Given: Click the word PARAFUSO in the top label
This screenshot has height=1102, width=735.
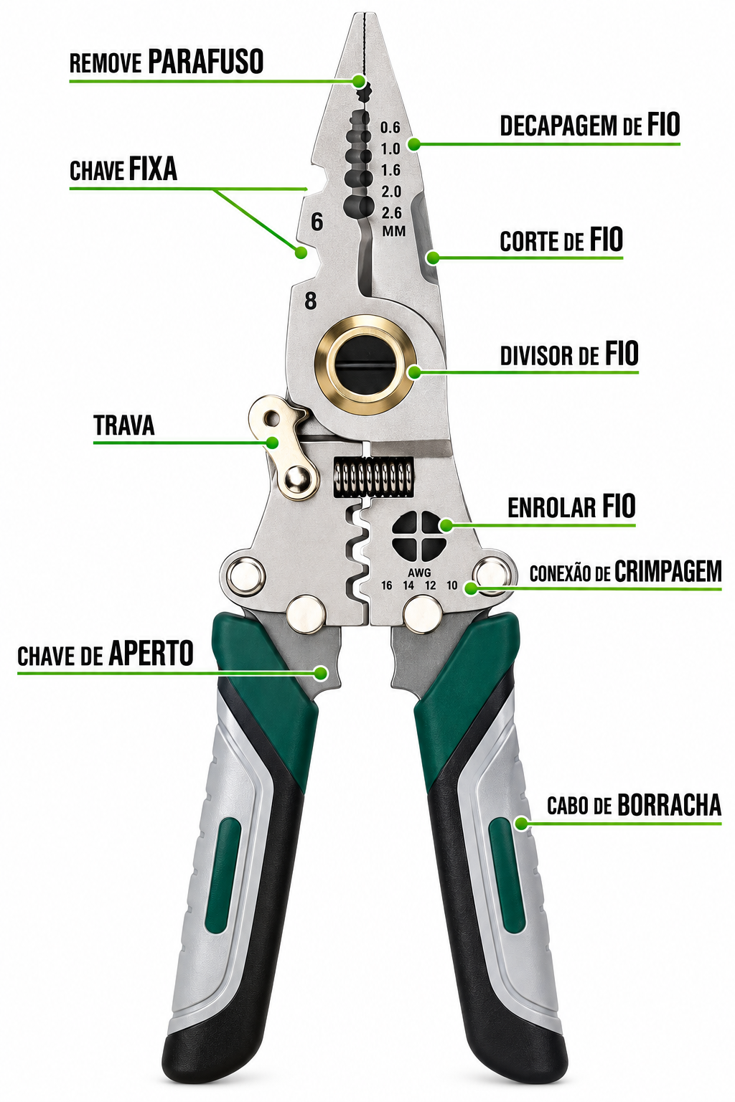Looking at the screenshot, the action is click(x=206, y=62).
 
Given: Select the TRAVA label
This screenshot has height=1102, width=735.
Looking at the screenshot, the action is click(x=124, y=425).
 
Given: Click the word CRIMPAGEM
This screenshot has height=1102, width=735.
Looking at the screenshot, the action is click(x=668, y=571).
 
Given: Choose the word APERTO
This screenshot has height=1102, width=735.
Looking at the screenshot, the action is click(x=151, y=654).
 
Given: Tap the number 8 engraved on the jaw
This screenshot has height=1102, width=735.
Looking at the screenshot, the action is click(x=310, y=301).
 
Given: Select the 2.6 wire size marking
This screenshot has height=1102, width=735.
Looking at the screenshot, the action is click(x=391, y=212).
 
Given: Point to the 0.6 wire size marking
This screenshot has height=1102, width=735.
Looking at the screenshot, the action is click(x=390, y=128).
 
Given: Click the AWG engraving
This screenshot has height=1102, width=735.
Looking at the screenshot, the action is click(x=419, y=573).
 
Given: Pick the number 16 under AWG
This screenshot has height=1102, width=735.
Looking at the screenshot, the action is click(x=386, y=585).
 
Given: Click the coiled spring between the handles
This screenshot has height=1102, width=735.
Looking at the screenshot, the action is click(x=373, y=476).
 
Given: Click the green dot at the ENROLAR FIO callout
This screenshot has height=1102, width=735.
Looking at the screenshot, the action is click(x=446, y=525).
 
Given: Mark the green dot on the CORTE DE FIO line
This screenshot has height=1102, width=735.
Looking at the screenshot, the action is click(x=432, y=257).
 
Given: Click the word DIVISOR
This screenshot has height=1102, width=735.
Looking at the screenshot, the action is click(x=538, y=356).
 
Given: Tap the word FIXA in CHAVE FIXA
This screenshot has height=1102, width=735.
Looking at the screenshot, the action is click(x=153, y=169).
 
